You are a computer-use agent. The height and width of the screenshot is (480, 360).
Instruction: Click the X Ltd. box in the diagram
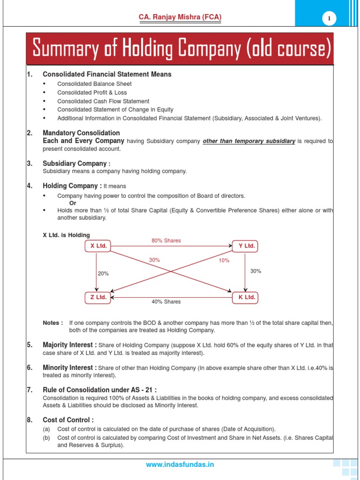pyautogui.click(x=98, y=246)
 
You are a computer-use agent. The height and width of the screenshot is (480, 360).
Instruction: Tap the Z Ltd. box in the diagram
pyautogui.click(x=98, y=297)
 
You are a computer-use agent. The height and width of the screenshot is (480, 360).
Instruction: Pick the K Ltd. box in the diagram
pyautogui.click(x=245, y=297)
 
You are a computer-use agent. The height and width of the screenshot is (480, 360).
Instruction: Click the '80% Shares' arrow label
pyautogui.click(x=166, y=240)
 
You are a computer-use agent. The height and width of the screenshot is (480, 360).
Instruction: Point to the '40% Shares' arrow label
pyautogui.click(x=166, y=302)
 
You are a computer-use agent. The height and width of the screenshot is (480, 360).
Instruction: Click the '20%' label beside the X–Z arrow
pyautogui.click(x=103, y=273)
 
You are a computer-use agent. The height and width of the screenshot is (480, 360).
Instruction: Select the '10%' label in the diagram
pyautogui.click(x=224, y=261)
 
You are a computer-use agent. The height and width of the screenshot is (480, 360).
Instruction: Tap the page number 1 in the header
pyautogui.click(x=329, y=18)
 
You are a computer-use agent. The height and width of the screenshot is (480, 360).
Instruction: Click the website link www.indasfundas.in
pyautogui.click(x=180, y=465)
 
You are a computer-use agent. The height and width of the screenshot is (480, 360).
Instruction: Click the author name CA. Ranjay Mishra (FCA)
pyautogui.click(x=180, y=17)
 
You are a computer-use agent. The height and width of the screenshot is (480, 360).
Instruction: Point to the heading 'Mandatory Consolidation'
pyautogui.click(x=81, y=133)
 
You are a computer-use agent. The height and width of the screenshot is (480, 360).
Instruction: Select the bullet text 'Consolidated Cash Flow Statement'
pyautogui.click(x=103, y=101)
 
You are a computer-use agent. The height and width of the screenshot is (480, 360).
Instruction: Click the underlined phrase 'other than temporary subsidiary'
pyautogui.click(x=248, y=141)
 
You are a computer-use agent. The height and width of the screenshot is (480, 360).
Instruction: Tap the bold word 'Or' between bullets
pyautogui.click(x=73, y=203)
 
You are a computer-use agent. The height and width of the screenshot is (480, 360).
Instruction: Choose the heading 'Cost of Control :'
pyautogui.click(x=68, y=420)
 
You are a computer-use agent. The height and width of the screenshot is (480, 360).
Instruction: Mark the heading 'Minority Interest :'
pyautogui.click(x=70, y=367)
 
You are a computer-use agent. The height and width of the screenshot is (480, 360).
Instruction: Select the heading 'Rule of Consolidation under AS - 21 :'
pyautogui.click(x=99, y=390)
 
